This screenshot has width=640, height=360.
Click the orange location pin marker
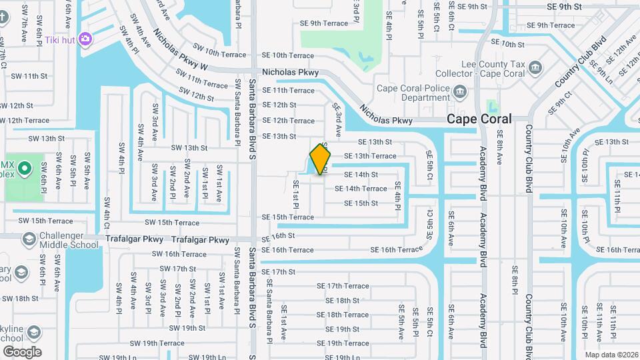click(x=321, y=159)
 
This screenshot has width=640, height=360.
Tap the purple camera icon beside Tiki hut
click(x=85, y=39)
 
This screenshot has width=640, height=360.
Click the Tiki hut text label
click(x=59, y=40)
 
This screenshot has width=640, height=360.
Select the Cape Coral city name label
click(x=479, y=119)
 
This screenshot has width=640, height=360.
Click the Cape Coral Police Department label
click(x=413, y=93)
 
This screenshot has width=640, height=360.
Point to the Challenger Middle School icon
click(x=29, y=238)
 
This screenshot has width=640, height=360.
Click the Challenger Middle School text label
click(x=69, y=240)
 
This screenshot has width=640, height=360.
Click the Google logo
click(x=22, y=352)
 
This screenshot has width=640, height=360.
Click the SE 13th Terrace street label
click(x=370, y=156)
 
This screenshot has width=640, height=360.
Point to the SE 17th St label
click(x=278, y=272)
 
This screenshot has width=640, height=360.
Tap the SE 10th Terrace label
click(x=287, y=55)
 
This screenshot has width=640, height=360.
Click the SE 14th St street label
click(x=361, y=175)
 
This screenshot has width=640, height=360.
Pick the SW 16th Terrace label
click(x=179, y=254)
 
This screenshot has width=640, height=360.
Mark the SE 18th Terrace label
click(x=342, y=315)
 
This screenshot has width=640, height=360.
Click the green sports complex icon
click(x=25, y=167)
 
